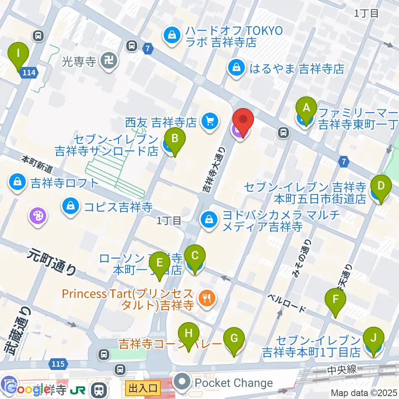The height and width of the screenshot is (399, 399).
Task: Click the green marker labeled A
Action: (x=306, y=108)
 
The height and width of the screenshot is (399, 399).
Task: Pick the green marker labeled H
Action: (x=189, y=334)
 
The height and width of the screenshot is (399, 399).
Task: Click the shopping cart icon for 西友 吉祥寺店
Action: (x=208, y=121)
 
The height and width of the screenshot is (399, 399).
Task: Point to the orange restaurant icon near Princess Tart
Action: (x=206, y=298)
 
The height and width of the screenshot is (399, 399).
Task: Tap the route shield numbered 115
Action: (x=59, y=364)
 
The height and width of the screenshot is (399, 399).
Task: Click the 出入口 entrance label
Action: (x=142, y=389)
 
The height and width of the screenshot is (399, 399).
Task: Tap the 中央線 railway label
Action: (x=342, y=369)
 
